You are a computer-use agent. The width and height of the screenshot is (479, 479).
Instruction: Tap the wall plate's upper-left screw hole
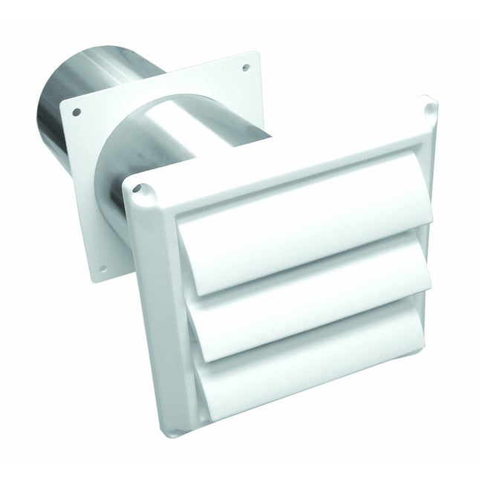(76, 113)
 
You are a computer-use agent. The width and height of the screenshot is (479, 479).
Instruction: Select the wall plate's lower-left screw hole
(102, 267)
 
